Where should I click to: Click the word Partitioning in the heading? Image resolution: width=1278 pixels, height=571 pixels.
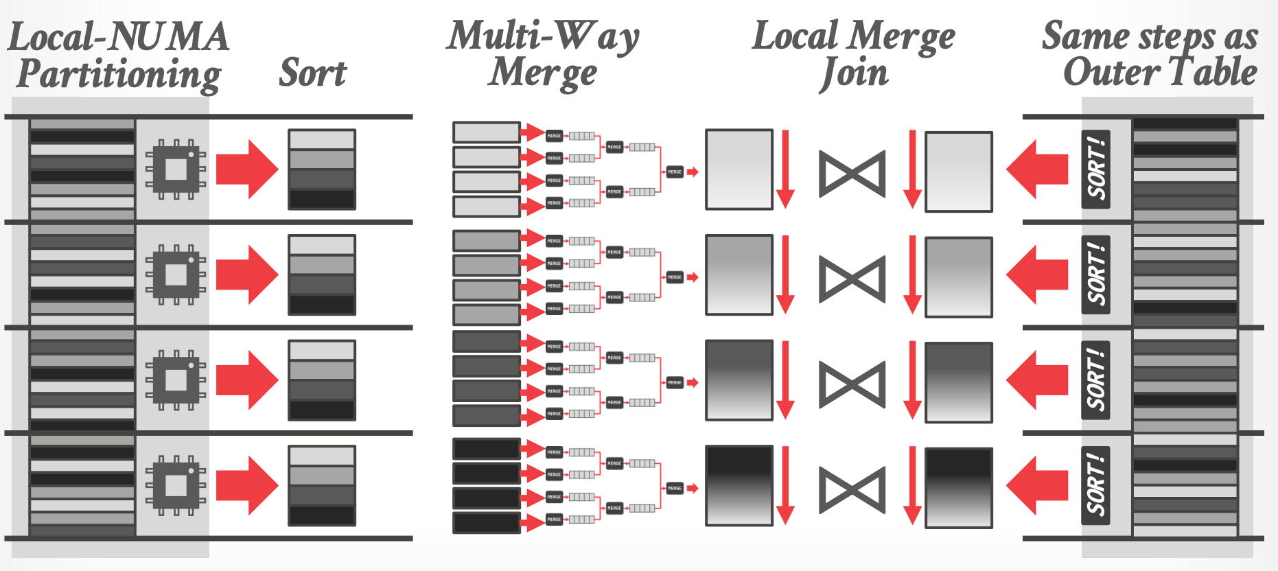click(119, 74)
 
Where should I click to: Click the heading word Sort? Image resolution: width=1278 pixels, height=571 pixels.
click(313, 73)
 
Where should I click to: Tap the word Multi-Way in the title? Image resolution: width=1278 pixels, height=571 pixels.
click(542, 36)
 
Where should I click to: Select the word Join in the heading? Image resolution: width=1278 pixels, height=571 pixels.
click(855, 73)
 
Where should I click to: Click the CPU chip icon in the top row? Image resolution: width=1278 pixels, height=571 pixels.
click(176, 169)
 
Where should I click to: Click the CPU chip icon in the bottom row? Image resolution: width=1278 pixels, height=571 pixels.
click(176, 485)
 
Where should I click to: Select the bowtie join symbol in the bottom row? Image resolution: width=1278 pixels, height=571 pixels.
click(852, 490)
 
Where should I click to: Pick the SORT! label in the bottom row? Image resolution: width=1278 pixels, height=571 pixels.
click(1096, 485)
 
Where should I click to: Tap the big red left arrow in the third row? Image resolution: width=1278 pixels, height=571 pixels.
click(1037, 380)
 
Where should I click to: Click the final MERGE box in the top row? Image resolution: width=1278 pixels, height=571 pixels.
click(675, 172)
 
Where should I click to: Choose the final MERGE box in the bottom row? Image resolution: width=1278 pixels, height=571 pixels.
click(675, 488)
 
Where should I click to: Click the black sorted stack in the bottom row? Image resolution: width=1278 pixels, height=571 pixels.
click(322, 485)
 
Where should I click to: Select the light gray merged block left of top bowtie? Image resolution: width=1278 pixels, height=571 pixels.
click(739, 169)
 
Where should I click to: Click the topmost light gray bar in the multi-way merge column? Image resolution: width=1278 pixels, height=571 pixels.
click(486, 132)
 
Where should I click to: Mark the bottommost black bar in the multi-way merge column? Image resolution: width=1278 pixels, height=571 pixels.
click(486, 522)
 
